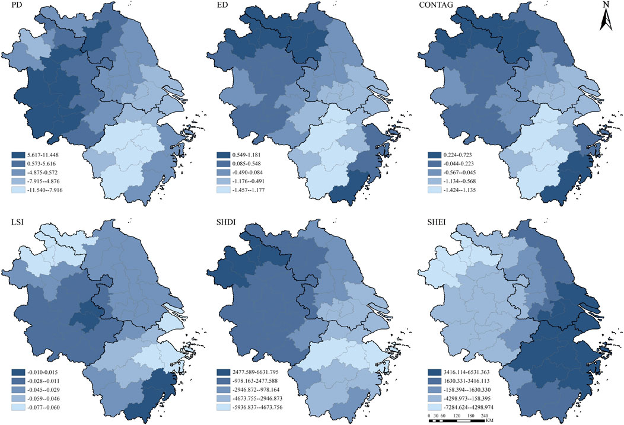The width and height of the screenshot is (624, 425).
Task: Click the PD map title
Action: [x=10, y=10]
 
